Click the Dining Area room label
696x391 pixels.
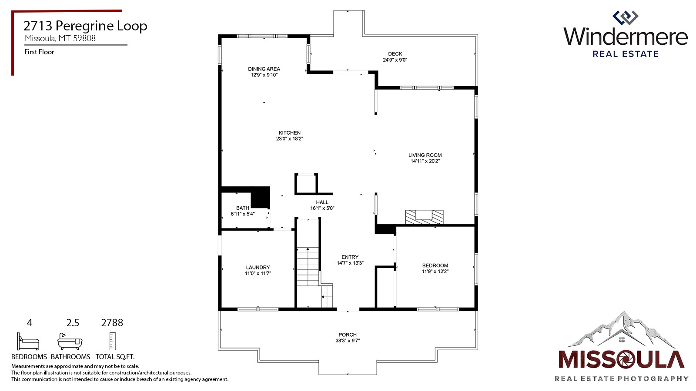264,69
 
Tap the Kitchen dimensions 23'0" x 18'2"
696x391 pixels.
289,139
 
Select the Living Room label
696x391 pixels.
425,155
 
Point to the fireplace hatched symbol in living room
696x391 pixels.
424,217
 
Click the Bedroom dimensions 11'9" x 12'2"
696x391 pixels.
435,272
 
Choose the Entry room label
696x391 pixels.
350,257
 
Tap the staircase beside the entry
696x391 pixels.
308,266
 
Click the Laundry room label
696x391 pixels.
258,268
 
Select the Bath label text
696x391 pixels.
243,208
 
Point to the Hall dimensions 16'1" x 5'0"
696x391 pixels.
322,209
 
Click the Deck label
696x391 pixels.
395,54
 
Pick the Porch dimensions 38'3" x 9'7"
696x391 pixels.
347,341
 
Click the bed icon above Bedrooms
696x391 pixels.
28,341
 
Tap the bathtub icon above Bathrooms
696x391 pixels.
70,342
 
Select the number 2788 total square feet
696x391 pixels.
112,323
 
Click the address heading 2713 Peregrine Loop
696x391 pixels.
85,26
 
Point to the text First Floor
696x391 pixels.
39,52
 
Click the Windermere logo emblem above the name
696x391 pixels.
625,18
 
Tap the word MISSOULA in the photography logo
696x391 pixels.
621,360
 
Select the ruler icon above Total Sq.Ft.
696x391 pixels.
112,341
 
